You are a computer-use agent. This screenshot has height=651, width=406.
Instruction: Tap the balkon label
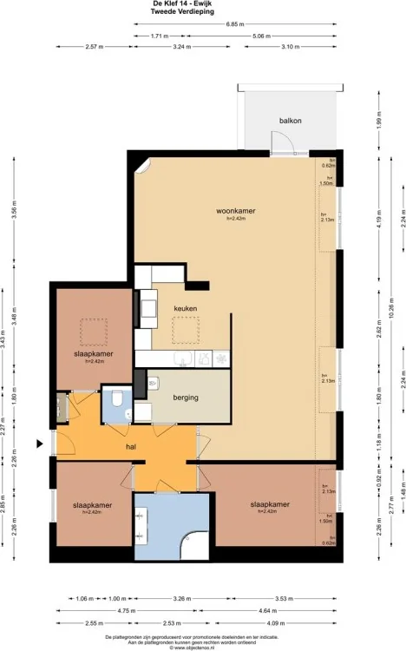point(290,121)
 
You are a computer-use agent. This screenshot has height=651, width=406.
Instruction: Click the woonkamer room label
point(233,211)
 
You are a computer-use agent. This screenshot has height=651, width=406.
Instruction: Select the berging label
point(186,398)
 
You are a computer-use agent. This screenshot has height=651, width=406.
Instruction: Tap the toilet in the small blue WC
point(115,400)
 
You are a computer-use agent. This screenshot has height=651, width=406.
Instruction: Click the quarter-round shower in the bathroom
point(196,544)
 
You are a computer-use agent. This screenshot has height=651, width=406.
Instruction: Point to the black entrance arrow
point(39,444)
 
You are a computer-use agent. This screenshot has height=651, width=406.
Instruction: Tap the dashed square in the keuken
point(186,331)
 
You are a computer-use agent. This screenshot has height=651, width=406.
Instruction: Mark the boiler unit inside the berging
point(153,383)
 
